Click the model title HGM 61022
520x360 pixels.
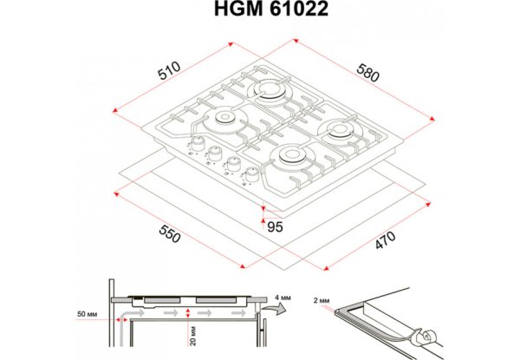pos(271,9)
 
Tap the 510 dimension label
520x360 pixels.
pos(170,71)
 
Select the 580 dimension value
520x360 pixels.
pos(367,73)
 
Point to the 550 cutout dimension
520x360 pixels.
pos(170,233)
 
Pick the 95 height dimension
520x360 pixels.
pos(275,227)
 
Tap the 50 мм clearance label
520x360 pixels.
pos(88,314)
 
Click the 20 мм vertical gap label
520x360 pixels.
pos(193,336)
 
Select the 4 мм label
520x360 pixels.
pos(283,298)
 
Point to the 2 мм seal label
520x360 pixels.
pos(322,301)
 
